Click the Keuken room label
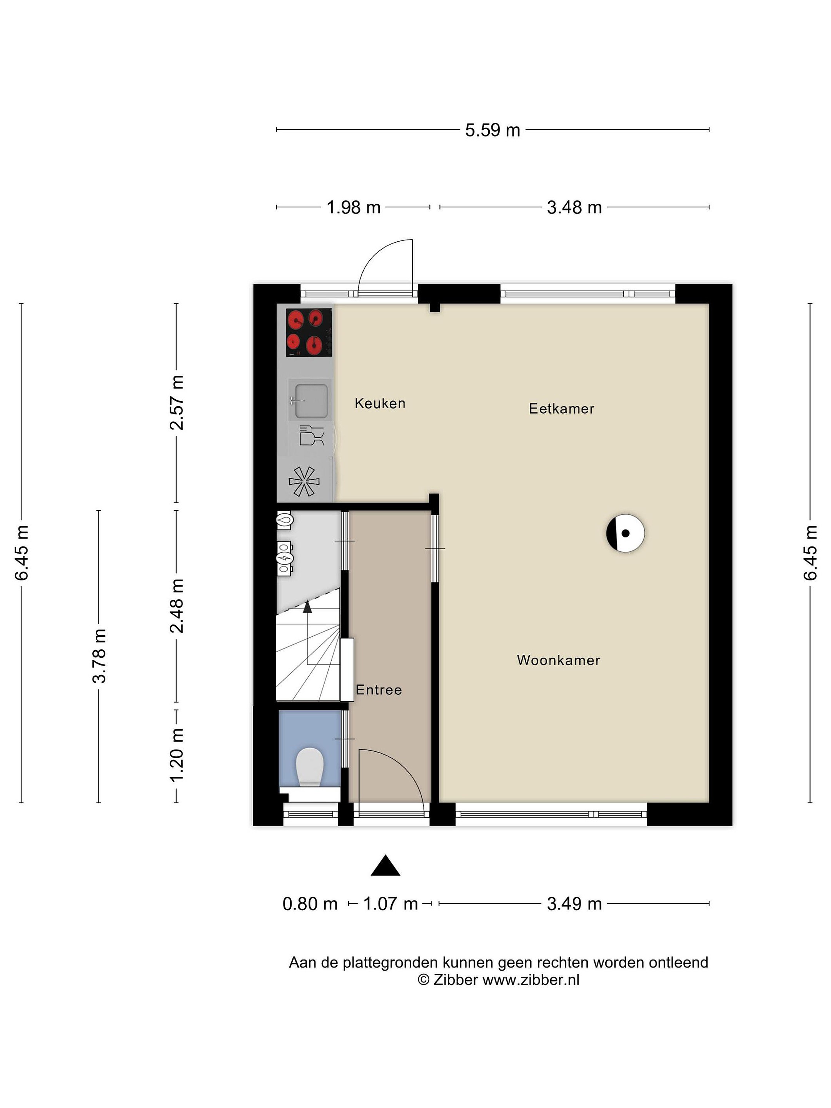click(x=380, y=403)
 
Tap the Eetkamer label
click(x=562, y=409)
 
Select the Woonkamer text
click(x=559, y=660)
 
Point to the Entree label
click(x=379, y=690)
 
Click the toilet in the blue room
click(x=309, y=767)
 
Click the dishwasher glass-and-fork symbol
click(x=311, y=435)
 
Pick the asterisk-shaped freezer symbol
click(x=304, y=481)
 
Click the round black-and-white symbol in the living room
click(x=625, y=533)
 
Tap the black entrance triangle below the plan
click(x=385, y=866)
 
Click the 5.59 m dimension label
click(x=492, y=130)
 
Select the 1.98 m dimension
click(x=353, y=207)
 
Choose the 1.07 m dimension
click(x=390, y=904)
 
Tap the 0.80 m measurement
click(x=310, y=904)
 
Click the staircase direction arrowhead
click(x=307, y=607)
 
